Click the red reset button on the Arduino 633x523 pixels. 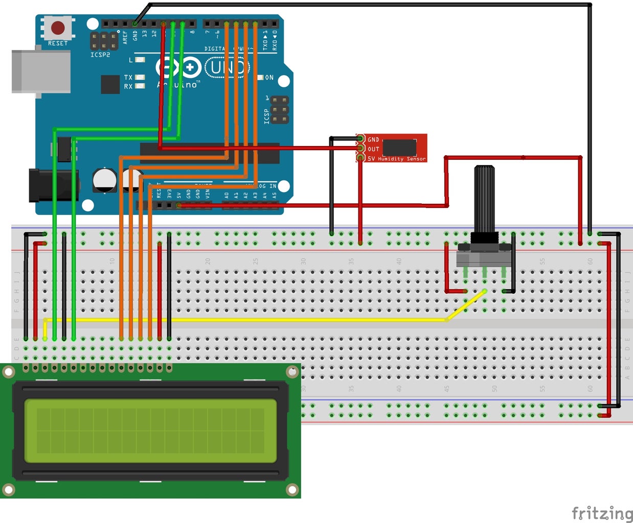pyautogui.click(x=58, y=28)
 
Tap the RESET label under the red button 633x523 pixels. pyautogui.click(x=58, y=43)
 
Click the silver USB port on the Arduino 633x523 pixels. pyautogui.click(x=41, y=72)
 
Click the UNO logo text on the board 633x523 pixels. pyautogui.click(x=228, y=67)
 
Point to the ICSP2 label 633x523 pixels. pyautogui.click(x=100, y=55)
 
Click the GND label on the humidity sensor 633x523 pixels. pyautogui.click(x=373, y=139)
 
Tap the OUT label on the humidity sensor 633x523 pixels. pyautogui.click(x=373, y=149)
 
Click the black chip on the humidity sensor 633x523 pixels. pyautogui.click(x=399, y=148)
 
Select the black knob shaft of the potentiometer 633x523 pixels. pyautogui.click(x=484, y=199)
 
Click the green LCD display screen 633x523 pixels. pyautogui.click(x=150, y=431)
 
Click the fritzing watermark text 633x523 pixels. pyautogui.click(x=602, y=512)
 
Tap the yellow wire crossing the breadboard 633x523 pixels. pyautogui.click(x=256, y=320)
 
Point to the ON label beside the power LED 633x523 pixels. pyautogui.click(x=269, y=78)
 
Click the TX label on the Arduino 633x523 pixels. pyautogui.click(x=128, y=78)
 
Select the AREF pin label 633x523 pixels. pyautogui.click(x=125, y=37)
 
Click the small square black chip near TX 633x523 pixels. pyautogui.click(x=110, y=84)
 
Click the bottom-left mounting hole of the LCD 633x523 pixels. pyautogui.click(x=8, y=489)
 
